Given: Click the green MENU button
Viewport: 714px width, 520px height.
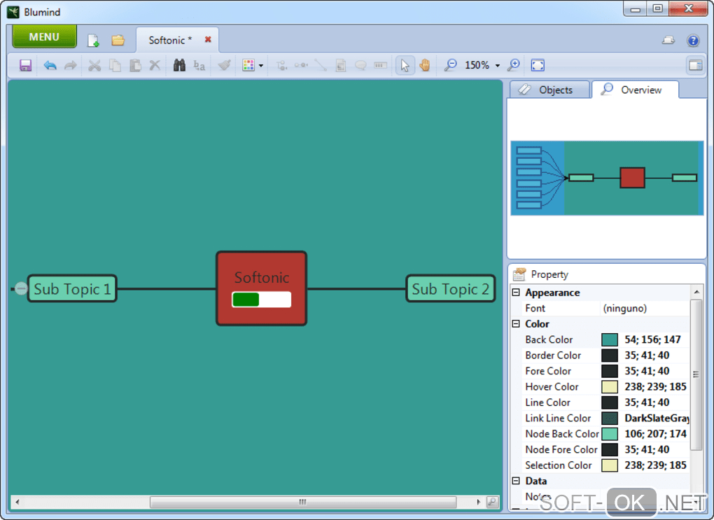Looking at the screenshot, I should (44, 37).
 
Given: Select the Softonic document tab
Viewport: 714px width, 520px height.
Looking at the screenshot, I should (170, 40).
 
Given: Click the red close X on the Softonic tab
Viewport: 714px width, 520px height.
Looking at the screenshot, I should (208, 40).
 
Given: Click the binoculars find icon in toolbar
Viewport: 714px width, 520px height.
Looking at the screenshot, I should (179, 65).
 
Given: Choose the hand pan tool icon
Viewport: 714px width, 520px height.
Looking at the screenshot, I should (425, 65).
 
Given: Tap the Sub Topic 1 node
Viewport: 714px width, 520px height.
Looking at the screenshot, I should (72, 288).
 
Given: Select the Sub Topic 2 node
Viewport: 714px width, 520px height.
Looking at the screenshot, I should (450, 288).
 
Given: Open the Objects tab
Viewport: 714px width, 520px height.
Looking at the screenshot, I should (549, 90).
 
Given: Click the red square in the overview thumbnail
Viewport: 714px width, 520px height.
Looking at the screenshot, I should (632, 178).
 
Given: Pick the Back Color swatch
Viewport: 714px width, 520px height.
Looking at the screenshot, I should (609, 339).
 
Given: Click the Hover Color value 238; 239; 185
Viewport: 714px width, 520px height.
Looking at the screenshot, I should (655, 386).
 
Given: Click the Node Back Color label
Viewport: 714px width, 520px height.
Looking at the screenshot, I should (561, 434).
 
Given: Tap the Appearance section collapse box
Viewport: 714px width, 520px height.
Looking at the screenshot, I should (517, 293).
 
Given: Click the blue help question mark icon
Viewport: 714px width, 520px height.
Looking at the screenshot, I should (693, 41).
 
